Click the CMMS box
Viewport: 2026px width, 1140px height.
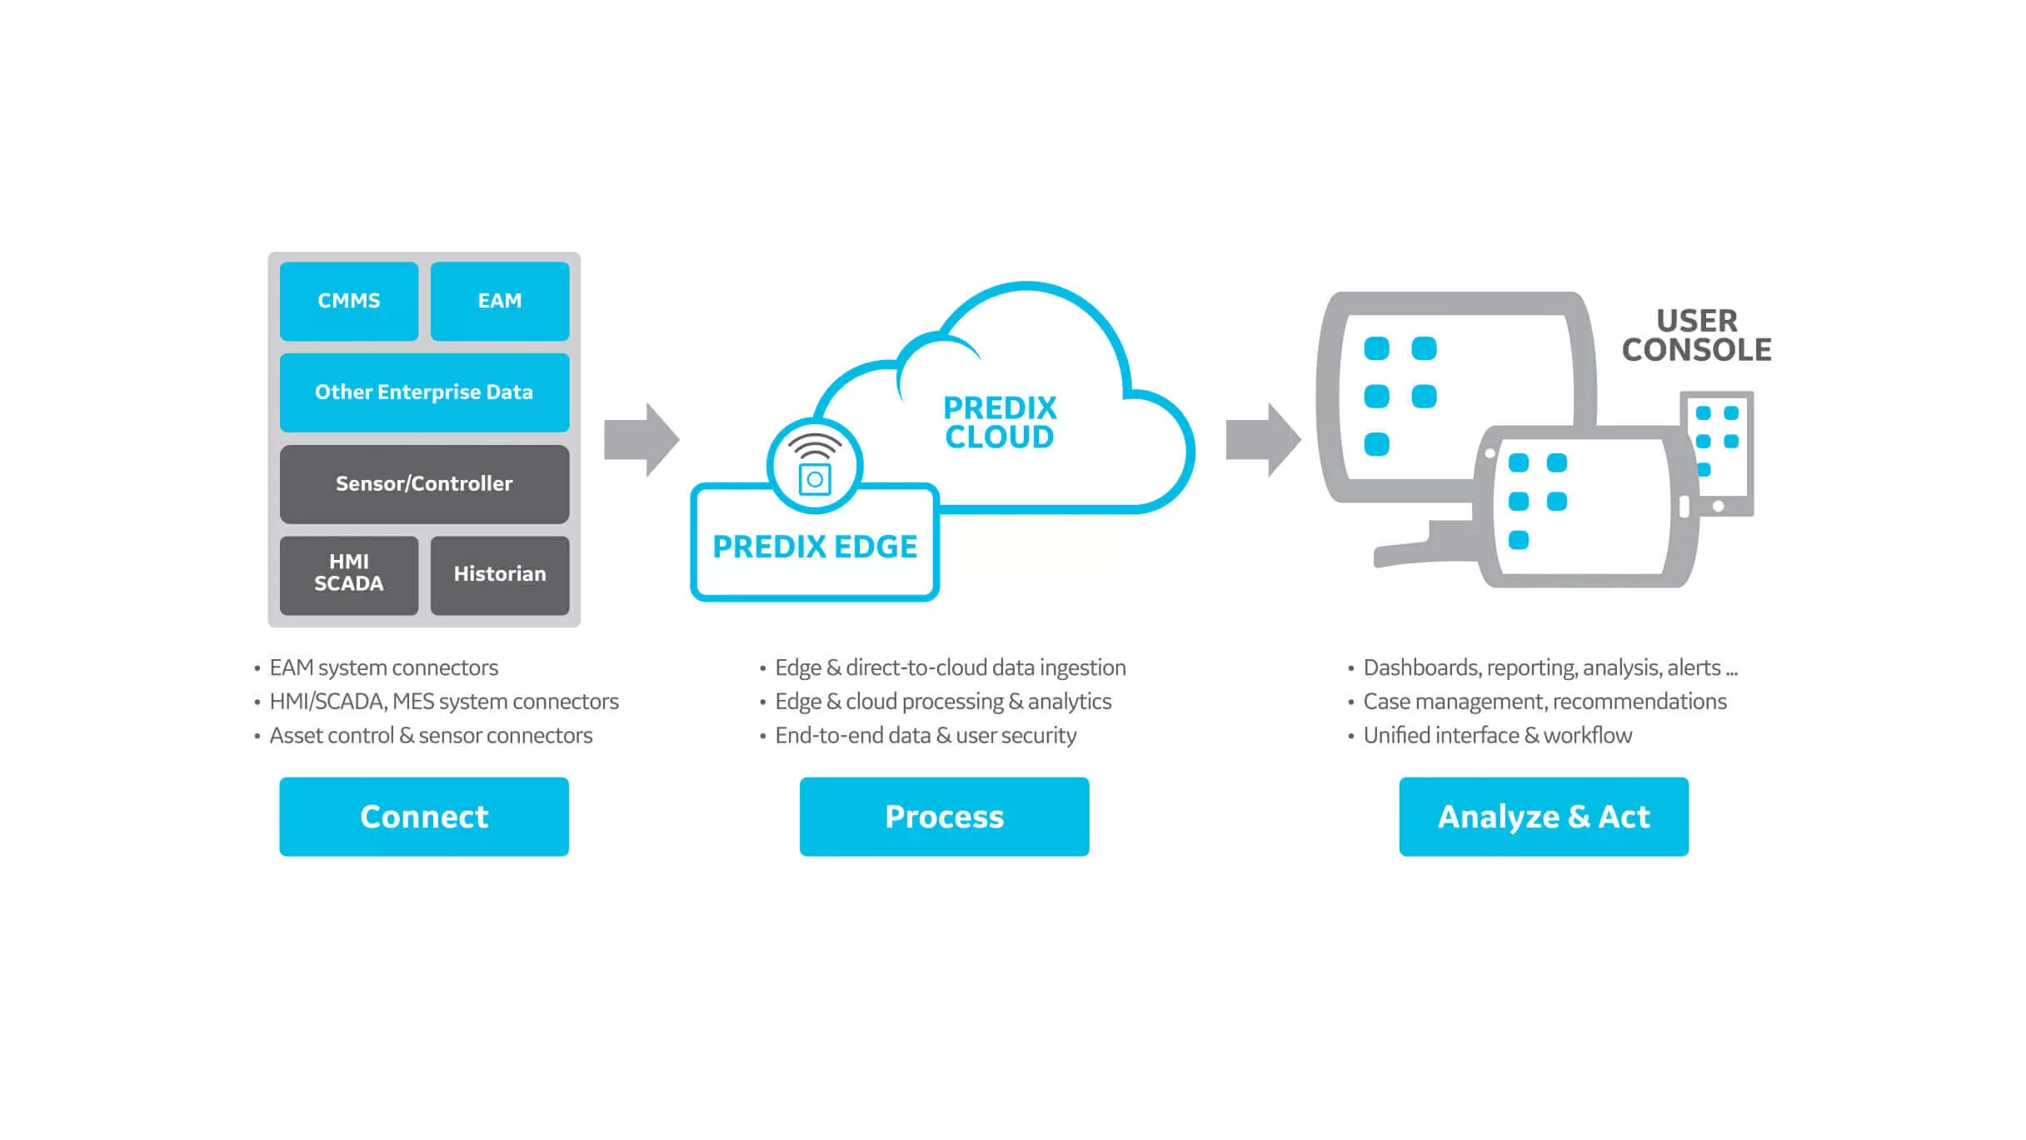pos(348,301)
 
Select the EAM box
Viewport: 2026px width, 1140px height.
pos(500,301)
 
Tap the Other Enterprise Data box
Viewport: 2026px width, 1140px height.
pos(424,392)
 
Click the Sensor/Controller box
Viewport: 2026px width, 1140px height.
pos(424,484)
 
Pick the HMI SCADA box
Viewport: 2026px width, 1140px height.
pos(348,574)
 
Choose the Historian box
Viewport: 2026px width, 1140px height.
pos(500,574)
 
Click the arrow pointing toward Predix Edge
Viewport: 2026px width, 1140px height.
pos(641,439)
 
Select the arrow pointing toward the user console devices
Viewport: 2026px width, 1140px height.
pos(1262,439)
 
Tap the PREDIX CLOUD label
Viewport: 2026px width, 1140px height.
pos(1000,422)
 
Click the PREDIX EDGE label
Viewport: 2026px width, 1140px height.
pos(815,547)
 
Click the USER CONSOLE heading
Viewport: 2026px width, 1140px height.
pos(1696,336)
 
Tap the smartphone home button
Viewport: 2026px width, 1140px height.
pos(1718,506)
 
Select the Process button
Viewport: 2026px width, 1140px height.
pos(944,817)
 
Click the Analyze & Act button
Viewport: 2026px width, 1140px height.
pos(1544,817)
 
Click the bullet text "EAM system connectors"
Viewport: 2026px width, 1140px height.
pos(383,667)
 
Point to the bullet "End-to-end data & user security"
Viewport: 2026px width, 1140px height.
pos(926,736)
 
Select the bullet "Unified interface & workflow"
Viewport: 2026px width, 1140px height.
pos(1497,736)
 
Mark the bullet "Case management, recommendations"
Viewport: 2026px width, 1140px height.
pos(1544,702)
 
